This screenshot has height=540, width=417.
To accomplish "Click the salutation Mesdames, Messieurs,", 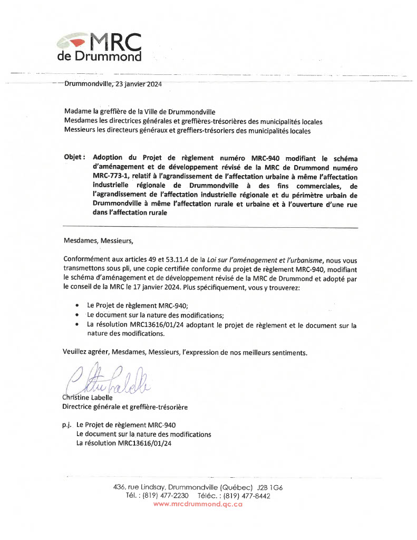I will point(99,242).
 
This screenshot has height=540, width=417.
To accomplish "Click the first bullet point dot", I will point(78,305).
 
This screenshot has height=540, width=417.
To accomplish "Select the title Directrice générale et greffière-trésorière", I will point(125,407).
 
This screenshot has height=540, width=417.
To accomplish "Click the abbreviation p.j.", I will point(67,425).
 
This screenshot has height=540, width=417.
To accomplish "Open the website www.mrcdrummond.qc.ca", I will point(198,505).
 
